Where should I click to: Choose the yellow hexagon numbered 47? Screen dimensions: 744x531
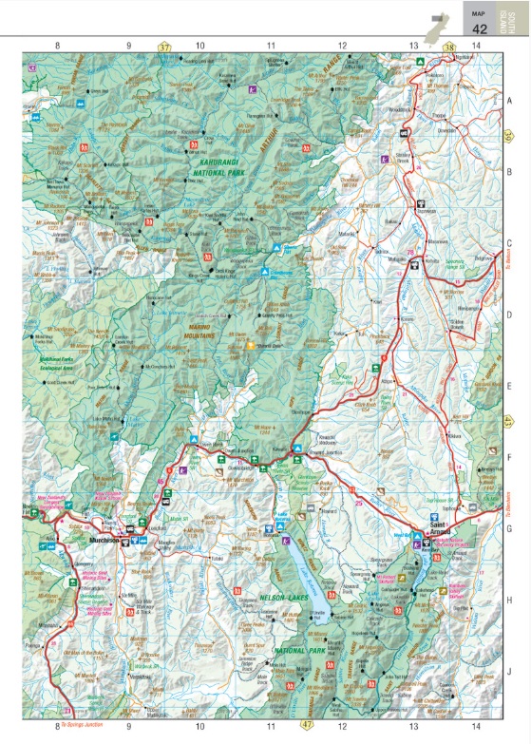point(306,725)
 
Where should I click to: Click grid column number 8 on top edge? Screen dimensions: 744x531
point(57,46)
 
